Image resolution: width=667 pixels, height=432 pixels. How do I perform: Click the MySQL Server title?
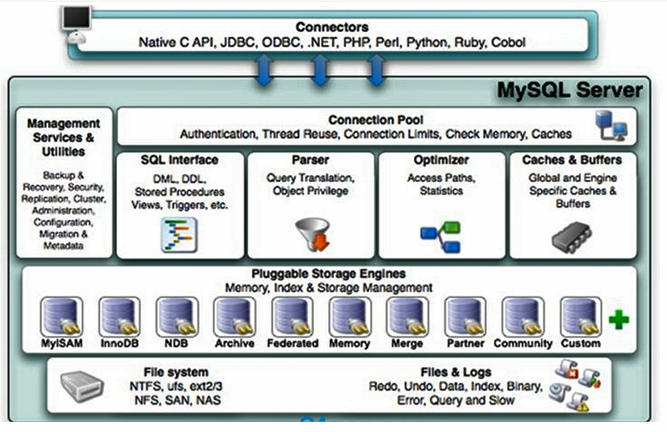[x=570, y=90]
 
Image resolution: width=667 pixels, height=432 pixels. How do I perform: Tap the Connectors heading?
[x=332, y=27]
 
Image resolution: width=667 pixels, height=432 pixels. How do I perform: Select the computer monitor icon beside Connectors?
[x=77, y=24]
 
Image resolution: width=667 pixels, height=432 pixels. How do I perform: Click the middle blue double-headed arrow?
[x=320, y=70]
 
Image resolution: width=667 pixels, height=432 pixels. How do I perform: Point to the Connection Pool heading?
[x=376, y=120]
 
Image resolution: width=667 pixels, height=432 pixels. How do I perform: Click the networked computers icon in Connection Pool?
[x=611, y=125]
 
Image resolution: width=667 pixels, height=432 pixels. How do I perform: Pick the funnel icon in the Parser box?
[x=313, y=234]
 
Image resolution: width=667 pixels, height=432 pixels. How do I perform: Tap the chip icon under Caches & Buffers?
[x=572, y=237]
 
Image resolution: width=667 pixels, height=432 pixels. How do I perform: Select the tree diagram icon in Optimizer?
[x=440, y=237]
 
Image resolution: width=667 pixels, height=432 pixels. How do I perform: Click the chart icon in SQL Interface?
[x=179, y=235]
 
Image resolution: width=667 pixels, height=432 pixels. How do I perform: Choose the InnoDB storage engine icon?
[x=119, y=317]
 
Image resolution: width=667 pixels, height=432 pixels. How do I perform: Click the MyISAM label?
[x=62, y=343]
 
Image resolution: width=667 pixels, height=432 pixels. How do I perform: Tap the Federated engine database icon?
[x=292, y=317]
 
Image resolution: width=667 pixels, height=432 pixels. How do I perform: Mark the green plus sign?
[x=619, y=320]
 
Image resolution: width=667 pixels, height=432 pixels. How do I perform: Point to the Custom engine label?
[x=580, y=343]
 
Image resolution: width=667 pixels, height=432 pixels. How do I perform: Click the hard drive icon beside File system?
[x=82, y=386]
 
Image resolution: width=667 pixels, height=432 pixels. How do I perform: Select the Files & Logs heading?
[x=456, y=372]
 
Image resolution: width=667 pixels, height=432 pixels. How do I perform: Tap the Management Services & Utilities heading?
[x=63, y=137]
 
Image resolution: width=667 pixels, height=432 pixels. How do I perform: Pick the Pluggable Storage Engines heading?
[x=329, y=273]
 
